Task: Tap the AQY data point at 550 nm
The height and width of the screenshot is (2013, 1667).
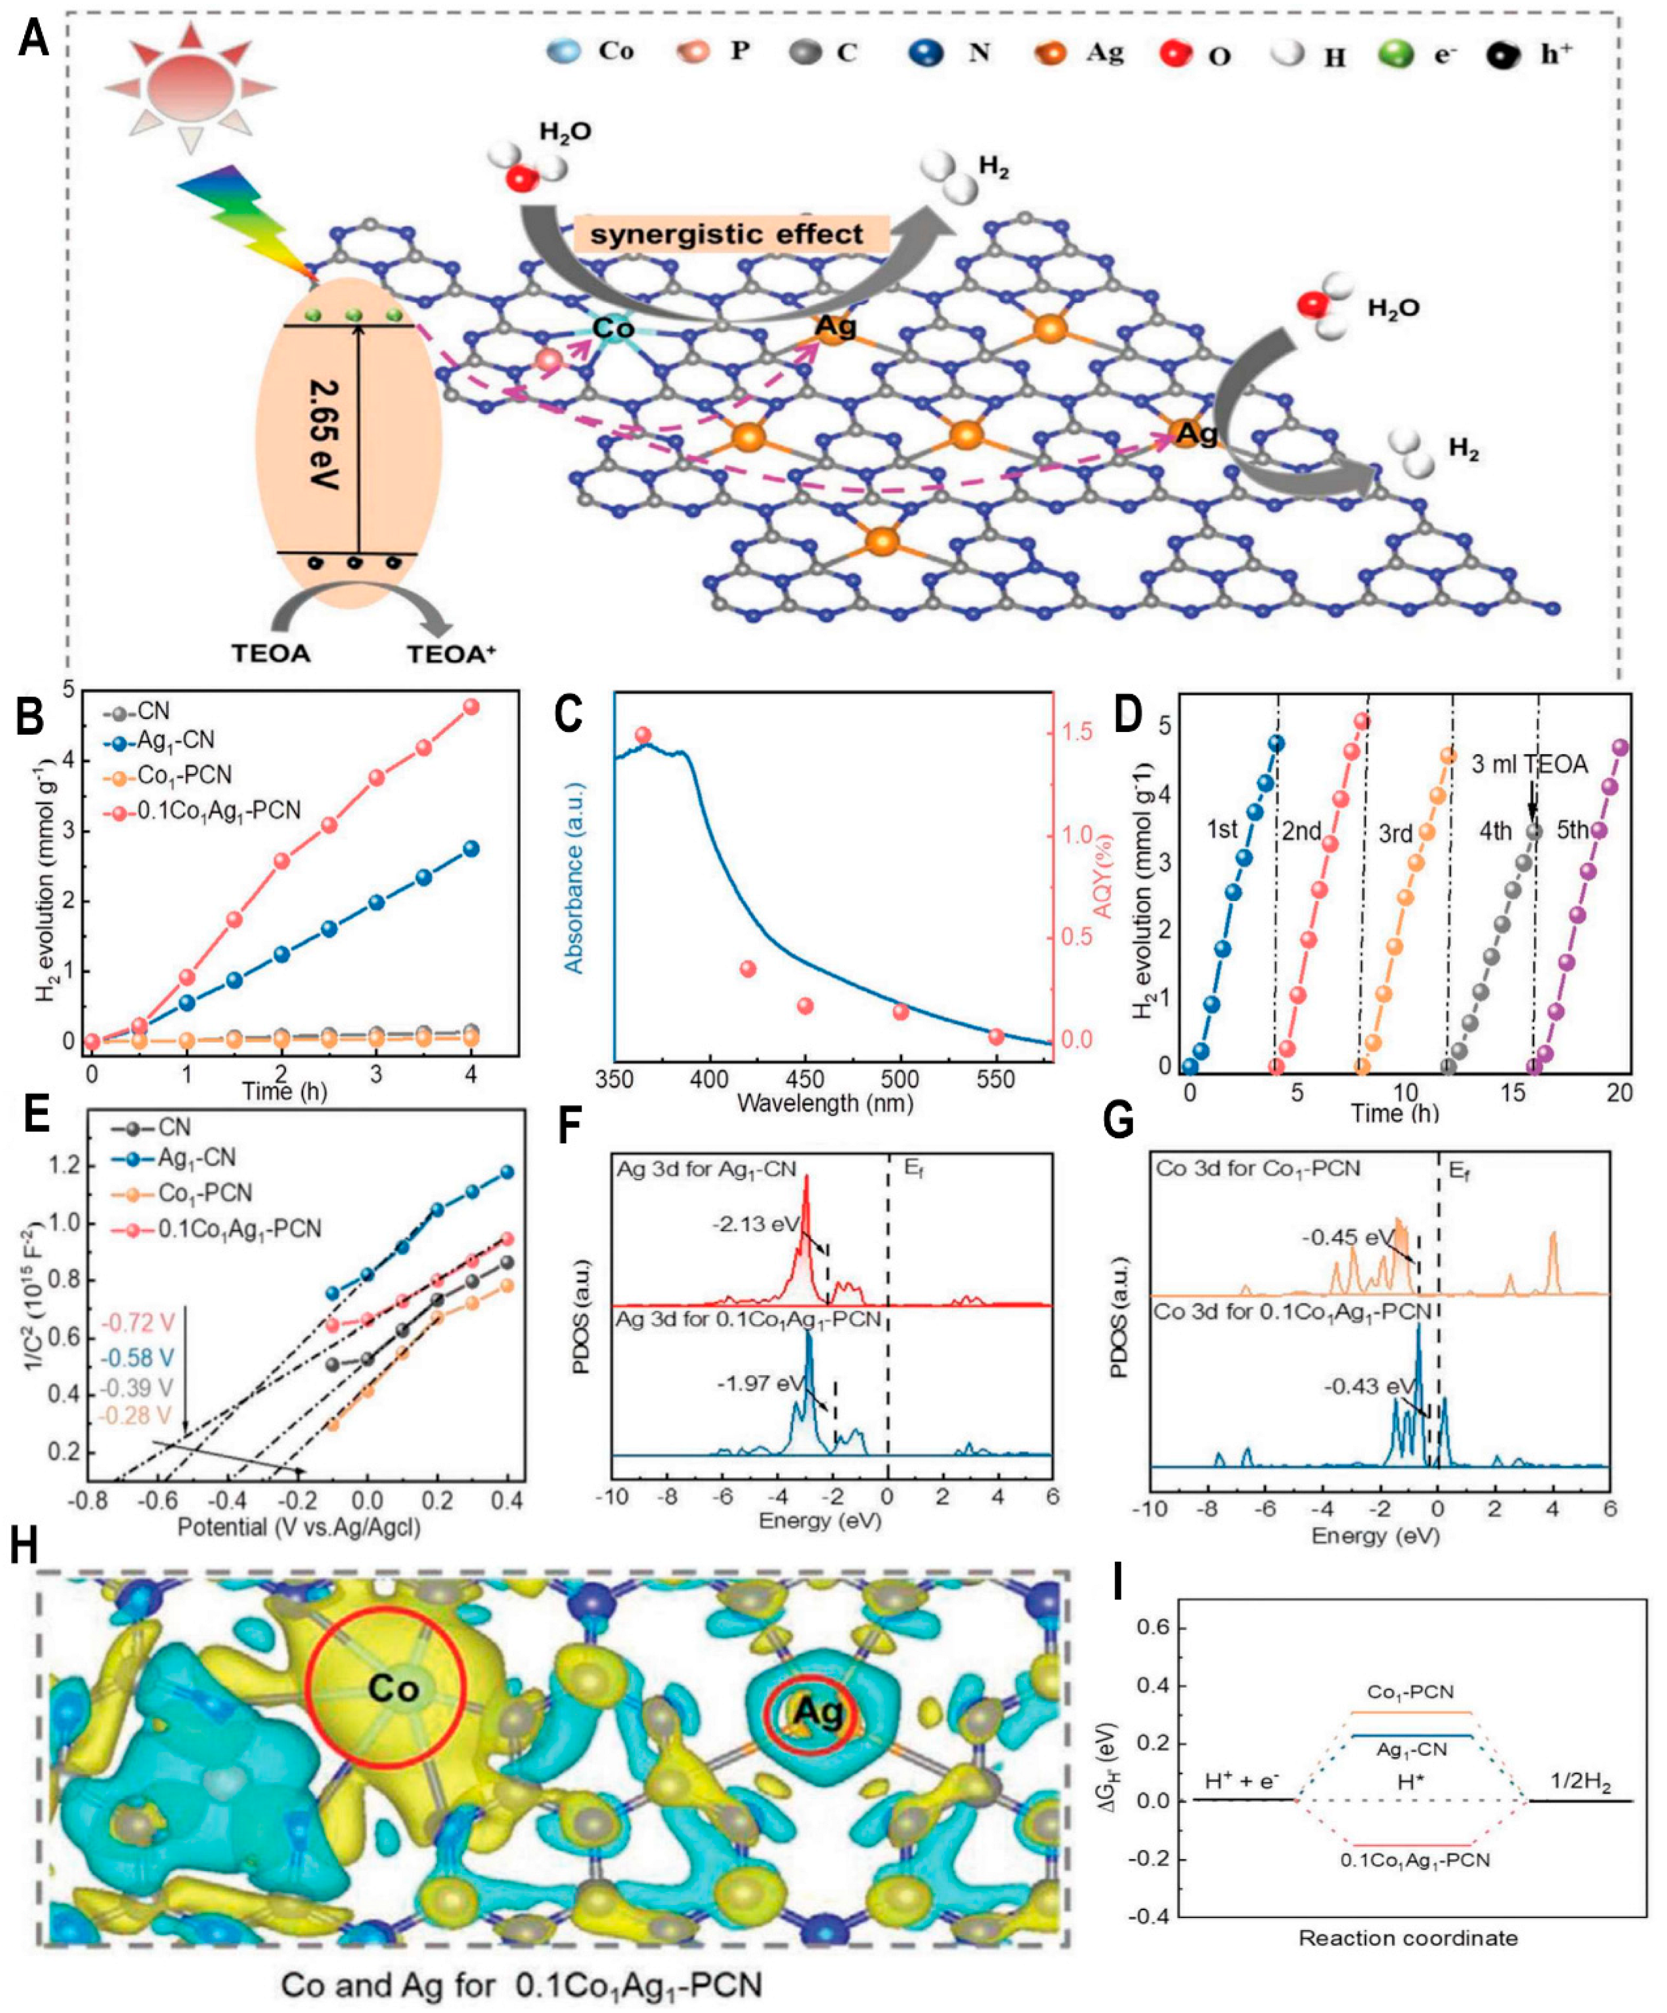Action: pos(996,1036)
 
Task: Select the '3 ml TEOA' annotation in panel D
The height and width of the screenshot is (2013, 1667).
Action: pos(1529,764)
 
